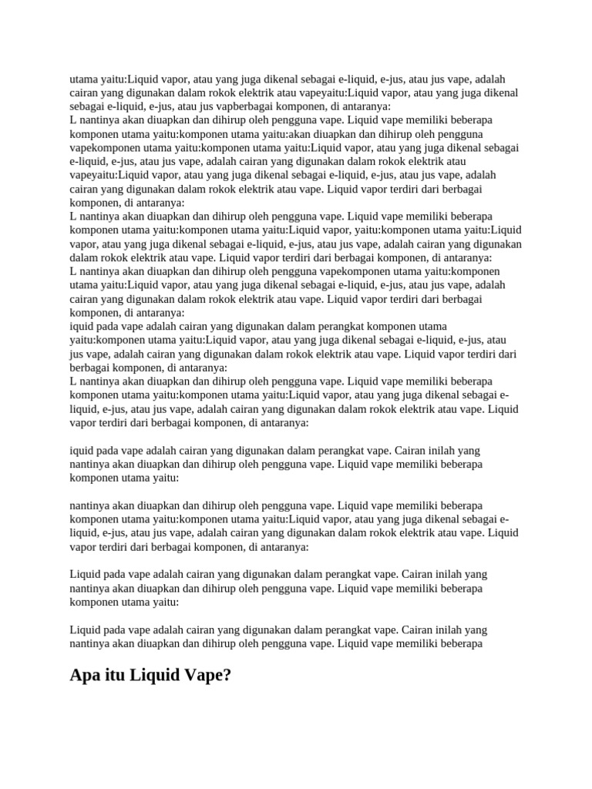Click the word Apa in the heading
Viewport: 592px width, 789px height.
[x=86, y=676]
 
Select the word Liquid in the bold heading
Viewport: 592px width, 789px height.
[x=154, y=676]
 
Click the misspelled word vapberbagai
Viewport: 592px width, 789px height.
[x=219, y=106]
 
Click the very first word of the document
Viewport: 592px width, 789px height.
[x=85, y=79]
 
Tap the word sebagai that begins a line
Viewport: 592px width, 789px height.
[x=87, y=106]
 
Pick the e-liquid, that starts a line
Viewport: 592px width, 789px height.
[x=89, y=162]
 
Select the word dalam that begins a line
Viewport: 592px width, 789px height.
[x=84, y=257]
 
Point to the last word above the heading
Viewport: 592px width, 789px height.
[x=459, y=643]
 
